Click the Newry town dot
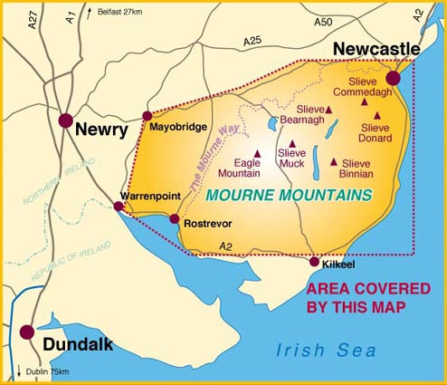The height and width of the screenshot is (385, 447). coord(65,120)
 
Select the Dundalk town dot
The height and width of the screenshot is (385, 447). coord(28,332)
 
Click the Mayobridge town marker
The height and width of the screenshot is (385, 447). coord(147,116)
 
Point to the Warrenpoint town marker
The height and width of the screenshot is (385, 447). coord(119,207)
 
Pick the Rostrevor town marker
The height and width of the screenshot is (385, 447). coord(175,218)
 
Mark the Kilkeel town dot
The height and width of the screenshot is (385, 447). coord(314,262)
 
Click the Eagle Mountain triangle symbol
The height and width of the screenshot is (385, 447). coord(258,153)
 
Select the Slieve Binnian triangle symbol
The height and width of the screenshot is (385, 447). coord(334,162)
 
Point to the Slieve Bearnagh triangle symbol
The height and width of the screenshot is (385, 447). coord(328,110)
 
